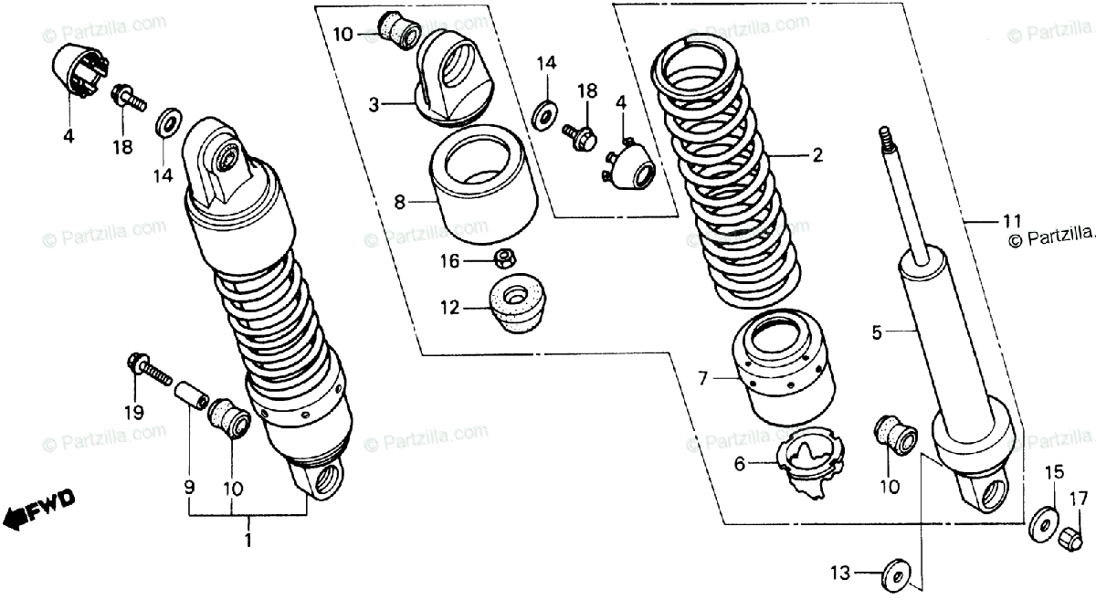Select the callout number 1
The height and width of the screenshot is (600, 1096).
pos(248,539)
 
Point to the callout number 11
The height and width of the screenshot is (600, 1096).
pos(1010,219)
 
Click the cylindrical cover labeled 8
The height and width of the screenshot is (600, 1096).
pos(482,185)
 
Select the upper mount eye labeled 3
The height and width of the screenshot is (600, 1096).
pos(453,73)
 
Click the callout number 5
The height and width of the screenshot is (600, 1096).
pos(877,333)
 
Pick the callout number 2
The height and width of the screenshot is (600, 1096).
pos(817,156)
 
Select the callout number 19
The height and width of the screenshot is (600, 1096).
pos(134,412)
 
